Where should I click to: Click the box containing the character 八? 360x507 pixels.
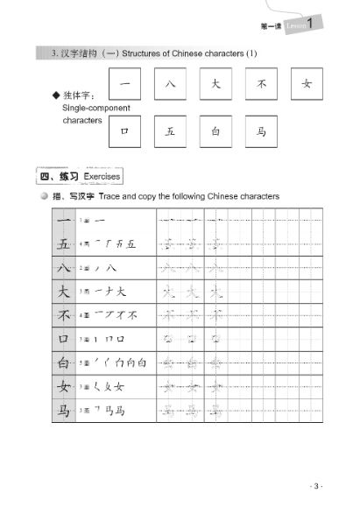point(168,85)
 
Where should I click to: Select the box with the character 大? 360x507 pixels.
point(215,85)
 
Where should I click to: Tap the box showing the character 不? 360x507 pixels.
point(260,85)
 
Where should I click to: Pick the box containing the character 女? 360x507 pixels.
point(307,85)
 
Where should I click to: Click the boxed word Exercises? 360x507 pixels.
point(102,176)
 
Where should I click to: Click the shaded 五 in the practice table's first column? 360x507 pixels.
point(63,243)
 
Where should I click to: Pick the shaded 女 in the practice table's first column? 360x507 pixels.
point(63,386)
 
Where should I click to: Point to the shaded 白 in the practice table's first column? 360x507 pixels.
point(63,362)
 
